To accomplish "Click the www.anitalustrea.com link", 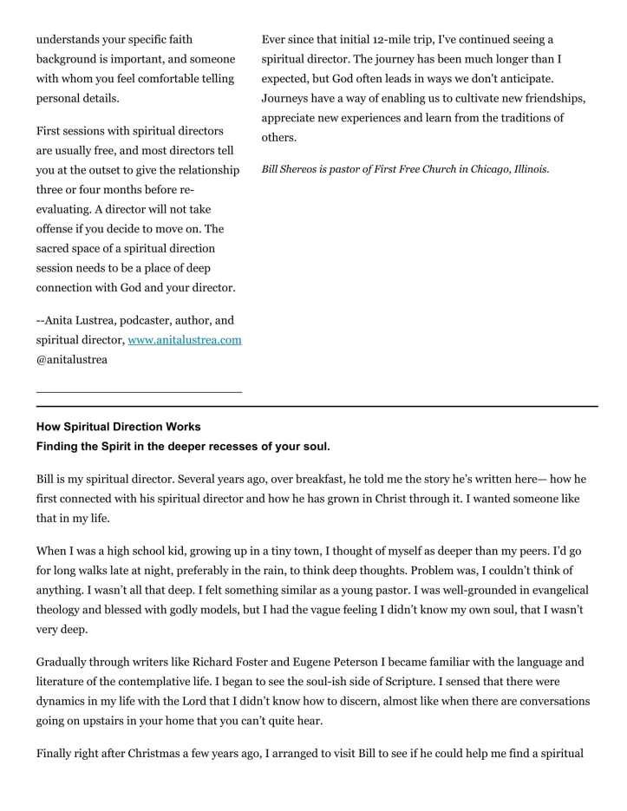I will coord(184,340).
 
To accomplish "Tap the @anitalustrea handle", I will coord(72,359).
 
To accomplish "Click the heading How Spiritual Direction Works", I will coord(118,427).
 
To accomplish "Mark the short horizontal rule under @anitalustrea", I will coord(139,392).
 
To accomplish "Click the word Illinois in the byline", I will coord(531,169).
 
